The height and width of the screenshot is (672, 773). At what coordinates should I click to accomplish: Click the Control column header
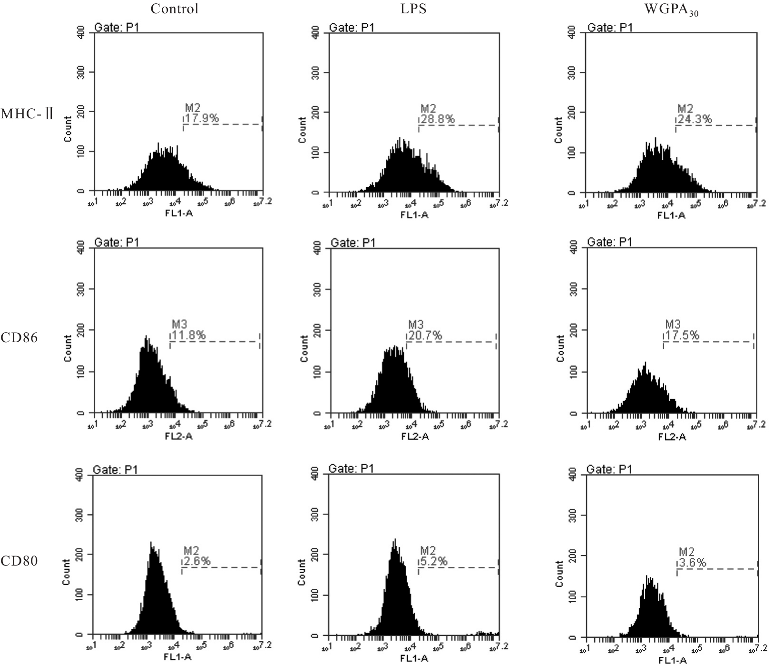pos(175,9)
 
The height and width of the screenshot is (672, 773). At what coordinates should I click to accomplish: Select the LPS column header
pos(413,9)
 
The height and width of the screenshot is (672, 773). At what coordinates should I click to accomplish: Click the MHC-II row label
pos(28,114)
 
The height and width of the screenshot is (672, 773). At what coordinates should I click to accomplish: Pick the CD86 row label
pos(19,338)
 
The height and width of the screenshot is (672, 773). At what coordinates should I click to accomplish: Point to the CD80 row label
pos(19,561)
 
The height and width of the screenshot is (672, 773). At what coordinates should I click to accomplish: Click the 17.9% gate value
pos(202,118)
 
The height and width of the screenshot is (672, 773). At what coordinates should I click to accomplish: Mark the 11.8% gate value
pos(189,336)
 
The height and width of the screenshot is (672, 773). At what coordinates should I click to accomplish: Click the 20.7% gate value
pos(425,336)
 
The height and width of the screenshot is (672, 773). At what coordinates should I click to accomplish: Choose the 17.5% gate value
pos(682,336)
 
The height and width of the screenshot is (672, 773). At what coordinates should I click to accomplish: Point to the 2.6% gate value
pos(197,561)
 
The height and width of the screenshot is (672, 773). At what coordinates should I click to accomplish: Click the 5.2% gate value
pos(433,561)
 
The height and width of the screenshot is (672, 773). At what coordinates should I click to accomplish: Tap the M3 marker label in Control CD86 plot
pos(179,325)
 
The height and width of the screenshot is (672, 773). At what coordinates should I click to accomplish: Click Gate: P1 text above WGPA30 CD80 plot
pos(609,470)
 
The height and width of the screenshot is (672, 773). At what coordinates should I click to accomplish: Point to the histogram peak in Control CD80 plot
pos(151,544)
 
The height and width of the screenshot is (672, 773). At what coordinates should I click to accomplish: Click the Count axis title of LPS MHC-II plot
pos(303,129)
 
